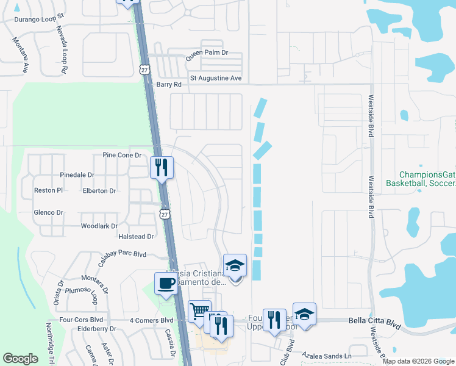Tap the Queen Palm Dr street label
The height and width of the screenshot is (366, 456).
207,53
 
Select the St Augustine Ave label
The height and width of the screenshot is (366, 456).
216,78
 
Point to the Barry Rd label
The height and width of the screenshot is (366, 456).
169,85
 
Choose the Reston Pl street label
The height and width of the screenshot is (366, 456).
48,190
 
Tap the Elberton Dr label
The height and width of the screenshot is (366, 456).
99,190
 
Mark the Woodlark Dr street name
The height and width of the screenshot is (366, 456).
99,226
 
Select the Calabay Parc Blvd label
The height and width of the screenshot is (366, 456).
121,254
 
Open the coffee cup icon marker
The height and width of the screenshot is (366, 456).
166,284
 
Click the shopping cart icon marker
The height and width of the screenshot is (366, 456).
199,312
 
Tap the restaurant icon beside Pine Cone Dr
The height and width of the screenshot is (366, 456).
162,167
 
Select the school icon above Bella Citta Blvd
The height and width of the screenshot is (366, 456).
304,315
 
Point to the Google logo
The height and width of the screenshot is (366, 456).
21,359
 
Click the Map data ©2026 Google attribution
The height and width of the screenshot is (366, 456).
418,361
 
